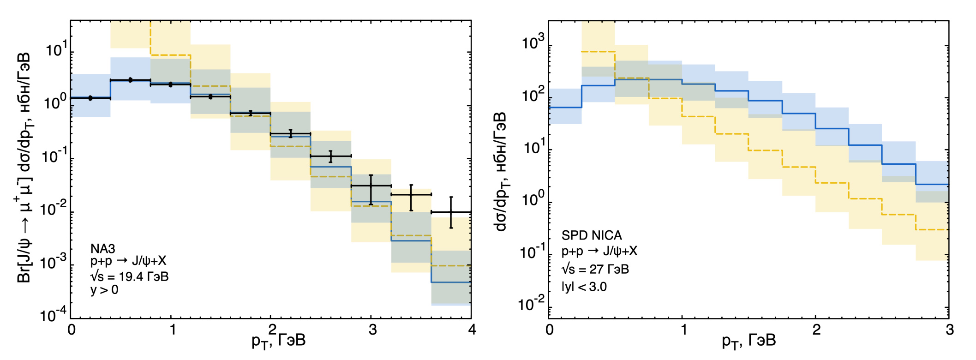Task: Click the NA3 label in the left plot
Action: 103,249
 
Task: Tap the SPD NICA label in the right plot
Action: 592,235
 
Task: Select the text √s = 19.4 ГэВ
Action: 130,276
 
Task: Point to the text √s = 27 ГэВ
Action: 595,269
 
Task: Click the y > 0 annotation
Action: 104,290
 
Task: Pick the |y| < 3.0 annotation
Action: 584,287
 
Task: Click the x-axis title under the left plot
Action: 278,341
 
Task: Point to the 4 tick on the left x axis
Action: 472,330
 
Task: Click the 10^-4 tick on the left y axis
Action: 54,316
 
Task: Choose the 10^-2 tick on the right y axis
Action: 531,305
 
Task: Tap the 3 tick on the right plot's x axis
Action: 949,330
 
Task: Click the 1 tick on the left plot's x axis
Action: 172,330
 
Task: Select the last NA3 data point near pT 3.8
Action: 451,212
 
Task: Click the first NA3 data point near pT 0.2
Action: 90,98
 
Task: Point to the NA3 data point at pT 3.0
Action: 371,186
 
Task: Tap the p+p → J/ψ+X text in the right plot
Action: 599,252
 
